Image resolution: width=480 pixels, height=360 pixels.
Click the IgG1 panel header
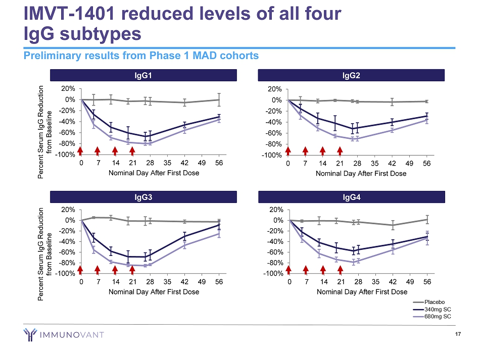pos(143,75)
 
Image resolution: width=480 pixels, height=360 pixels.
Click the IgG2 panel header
pos(352,75)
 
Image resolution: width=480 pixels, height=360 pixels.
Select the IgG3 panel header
pos(143,196)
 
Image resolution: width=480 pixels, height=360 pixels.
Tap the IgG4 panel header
pos(352,196)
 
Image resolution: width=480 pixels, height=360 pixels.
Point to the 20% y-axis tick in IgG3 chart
pos(68,209)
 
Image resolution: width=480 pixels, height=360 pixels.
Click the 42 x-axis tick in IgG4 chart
pos(393,283)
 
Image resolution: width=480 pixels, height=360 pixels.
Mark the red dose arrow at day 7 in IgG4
pos(306,270)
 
